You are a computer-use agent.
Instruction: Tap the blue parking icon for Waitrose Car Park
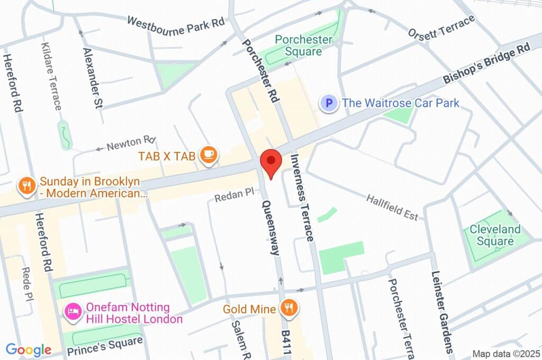pyautogui.click(x=329, y=103)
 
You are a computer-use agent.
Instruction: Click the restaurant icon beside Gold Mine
pyautogui.click(x=288, y=309)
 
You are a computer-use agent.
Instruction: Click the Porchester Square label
pyautogui.click(x=303, y=46)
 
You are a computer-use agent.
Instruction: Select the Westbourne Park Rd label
pyautogui.click(x=176, y=25)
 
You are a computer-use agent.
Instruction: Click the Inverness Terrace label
pyautogui.click(x=302, y=197)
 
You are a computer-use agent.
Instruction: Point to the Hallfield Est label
pyautogui.click(x=392, y=208)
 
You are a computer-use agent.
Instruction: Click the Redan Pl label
pyautogui.click(x=234, y=195)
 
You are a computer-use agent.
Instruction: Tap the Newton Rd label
pyautogui.click(x=131, y=143)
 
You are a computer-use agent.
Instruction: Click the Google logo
pyautogui.click(x=29, y=350)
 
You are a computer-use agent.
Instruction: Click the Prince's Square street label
pyautogui.click(x=105, y=346)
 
